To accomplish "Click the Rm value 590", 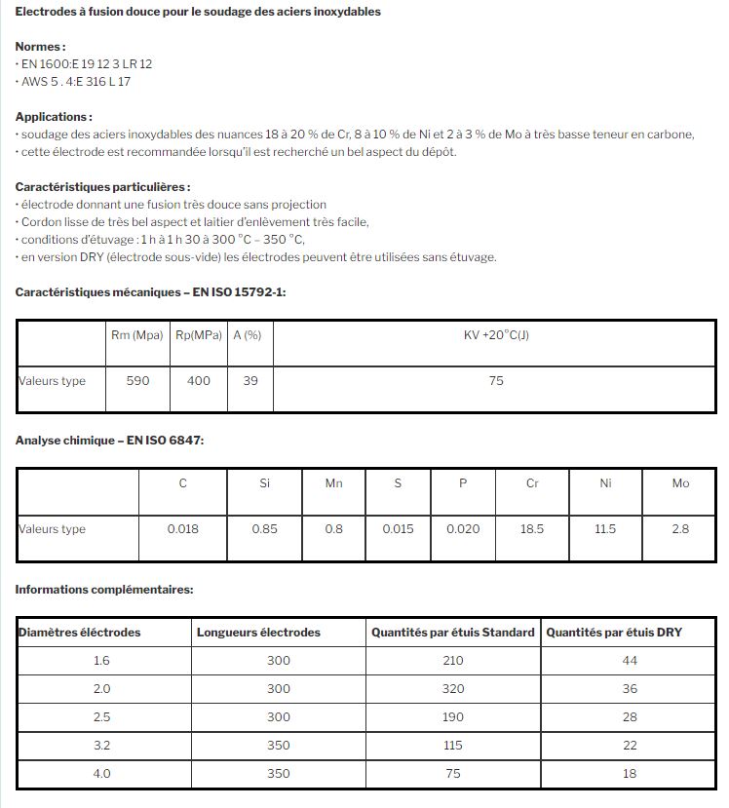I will coord(138,381).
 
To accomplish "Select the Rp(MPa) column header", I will coord(198,336).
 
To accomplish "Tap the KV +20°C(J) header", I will coord(496,336).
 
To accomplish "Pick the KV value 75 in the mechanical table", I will coord(496,381).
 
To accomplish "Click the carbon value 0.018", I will coord(182,529).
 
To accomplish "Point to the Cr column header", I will coord(532,483).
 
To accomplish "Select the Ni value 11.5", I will coord(605,529).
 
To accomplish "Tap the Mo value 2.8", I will coord(680,529).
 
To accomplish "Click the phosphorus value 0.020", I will coord(463,529).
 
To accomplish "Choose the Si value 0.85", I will coord(264,529).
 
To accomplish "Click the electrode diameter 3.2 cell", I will coord(102,746).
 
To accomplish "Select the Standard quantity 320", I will coord(452,689).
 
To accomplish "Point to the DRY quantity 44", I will coord(630,661).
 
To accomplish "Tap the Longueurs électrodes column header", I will coord(258,633).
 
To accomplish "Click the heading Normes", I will coord(41,46).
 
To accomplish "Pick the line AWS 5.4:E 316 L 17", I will coord(76,82).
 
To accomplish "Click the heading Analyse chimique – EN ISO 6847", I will coord(109,441).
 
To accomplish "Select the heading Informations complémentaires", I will coord(104,590).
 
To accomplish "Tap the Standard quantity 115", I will coord(452,746).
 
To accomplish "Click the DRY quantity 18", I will coord(630,774).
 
